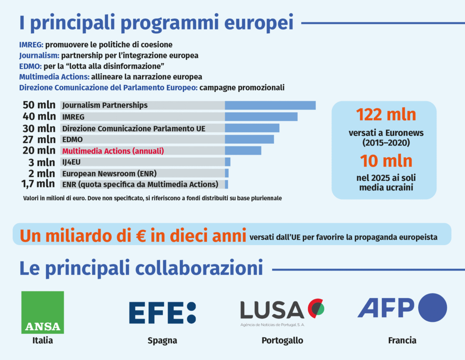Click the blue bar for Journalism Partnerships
(x=270, y=105)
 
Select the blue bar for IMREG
(x=261, y=117)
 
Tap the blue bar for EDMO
(x=249, y=139)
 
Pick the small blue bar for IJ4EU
(x=228, y=162)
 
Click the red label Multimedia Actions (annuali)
(x=113, y=150)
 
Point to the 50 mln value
(x=39, y=105)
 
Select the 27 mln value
(x=39, y=139)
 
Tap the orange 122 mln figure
(x=386, y=115)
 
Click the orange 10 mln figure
(x=386, y=161)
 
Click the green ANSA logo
(x=43, y=312)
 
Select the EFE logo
(x=162, y=312)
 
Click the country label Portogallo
(x=282, y=340)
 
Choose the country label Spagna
(x=162, y=340)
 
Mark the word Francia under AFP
(x=402, y=340)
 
